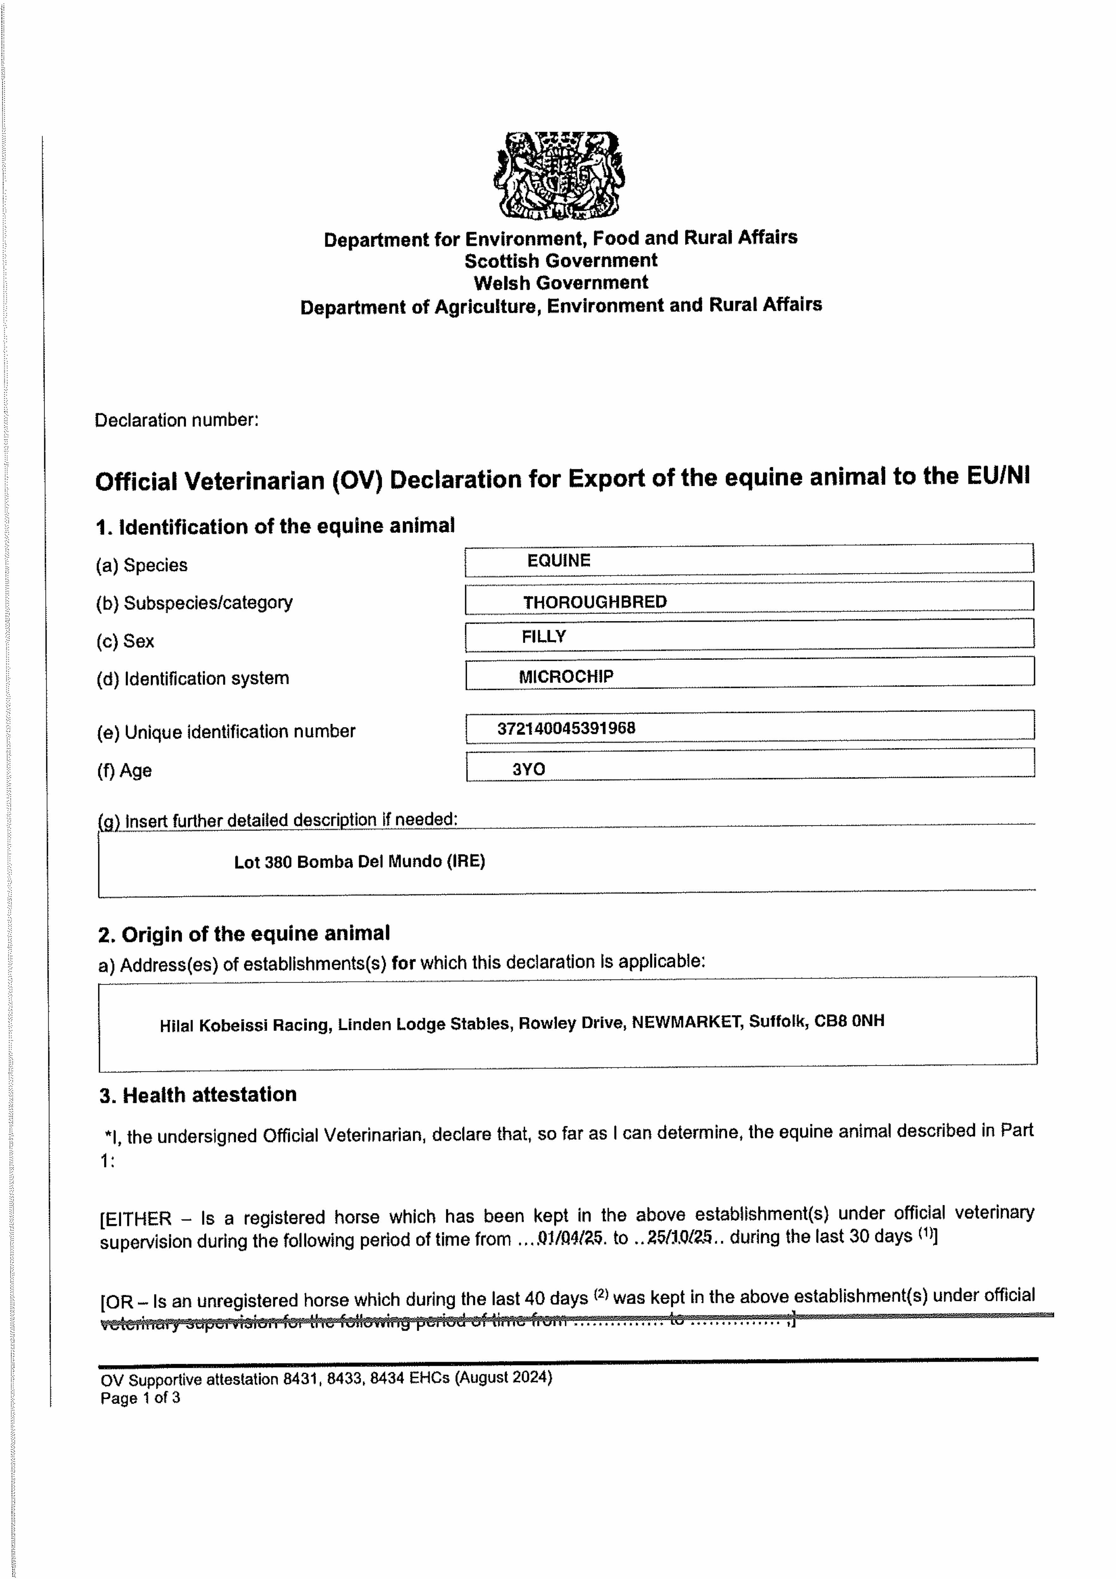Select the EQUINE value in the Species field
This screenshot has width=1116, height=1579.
[558, 561]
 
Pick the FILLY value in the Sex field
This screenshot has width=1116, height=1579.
[543, 637]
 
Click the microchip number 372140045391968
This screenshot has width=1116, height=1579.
[566, 728]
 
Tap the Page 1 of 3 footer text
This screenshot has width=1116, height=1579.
[140, 1397]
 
